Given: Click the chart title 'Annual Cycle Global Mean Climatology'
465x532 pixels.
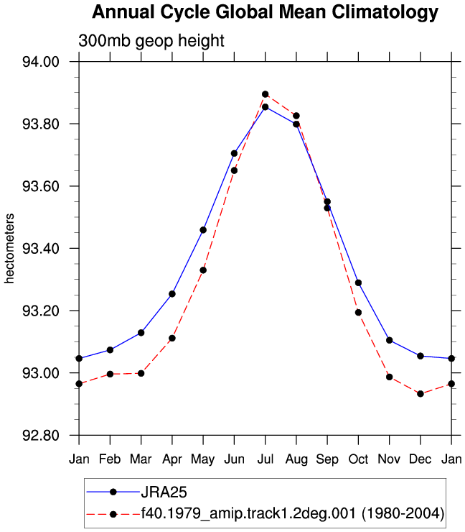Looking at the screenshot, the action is click(x=266, y=12).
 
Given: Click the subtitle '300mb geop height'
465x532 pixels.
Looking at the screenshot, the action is click(x=151, y=41).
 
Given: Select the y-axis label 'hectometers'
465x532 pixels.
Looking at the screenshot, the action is click(x=9, y=248).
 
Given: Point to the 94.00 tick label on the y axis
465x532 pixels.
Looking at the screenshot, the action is click(x=41, y=62).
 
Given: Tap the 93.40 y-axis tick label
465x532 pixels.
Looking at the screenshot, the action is click(x=41, y=248).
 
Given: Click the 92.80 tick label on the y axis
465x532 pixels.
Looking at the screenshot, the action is click(x=41, y=435).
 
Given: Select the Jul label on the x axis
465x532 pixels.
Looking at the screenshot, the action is click(x=266, y=459).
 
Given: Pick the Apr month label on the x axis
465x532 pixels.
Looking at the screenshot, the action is click(x=172, y=459).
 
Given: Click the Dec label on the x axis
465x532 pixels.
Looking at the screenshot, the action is click(x=421, y=459).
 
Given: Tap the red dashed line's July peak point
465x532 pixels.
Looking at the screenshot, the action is click(x=266, y=94).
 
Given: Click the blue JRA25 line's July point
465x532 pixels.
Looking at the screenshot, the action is click(x=266, y=107).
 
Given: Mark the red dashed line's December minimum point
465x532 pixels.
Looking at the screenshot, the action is click(x=421, y=394).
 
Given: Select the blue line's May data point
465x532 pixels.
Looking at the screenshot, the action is click(x=203, y=230).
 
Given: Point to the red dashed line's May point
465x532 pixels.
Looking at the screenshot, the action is click(x=203, y=270).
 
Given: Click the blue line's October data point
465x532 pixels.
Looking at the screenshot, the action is click(x=358, y=283).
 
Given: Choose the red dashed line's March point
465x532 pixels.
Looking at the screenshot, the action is click(x=141, y=373).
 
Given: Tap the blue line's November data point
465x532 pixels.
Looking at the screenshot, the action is click(x=389, y=340).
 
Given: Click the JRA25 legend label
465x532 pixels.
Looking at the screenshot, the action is click(x=164, y=492).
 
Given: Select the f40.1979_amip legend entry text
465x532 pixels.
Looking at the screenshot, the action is click(x=293, y=514).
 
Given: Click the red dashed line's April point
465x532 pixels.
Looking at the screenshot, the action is click(x=172, y=339).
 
